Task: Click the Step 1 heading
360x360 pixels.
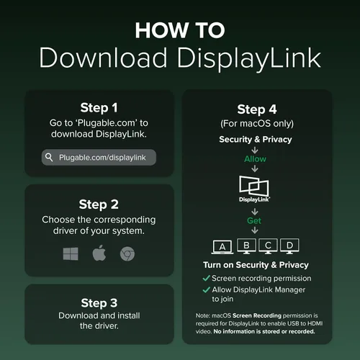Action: point(99,108)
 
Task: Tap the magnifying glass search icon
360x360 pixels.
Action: point(49,158)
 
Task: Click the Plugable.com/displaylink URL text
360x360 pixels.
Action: point(102,158)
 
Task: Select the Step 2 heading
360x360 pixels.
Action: point(99,204)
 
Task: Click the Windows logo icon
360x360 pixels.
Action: point(71,254)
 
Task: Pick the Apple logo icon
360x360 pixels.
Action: point(99,253)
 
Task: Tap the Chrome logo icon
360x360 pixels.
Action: point(127,254)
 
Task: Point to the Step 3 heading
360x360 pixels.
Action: point(99,303)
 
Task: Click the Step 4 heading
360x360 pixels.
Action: point(257,109)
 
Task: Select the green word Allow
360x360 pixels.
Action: point(255,159)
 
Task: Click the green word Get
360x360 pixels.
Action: point(254,220)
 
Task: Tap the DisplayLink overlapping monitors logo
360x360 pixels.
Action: point(254,189)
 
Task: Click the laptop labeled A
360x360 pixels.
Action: point(222,246)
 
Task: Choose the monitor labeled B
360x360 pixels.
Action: point(246,246)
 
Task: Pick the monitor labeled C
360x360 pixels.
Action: point(268,246)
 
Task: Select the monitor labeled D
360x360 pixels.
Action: point(289,246)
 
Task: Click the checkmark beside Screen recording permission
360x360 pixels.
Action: point(207,279)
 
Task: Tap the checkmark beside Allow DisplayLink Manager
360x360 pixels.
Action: point(207,290)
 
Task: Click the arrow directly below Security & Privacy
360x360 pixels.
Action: point(255,150)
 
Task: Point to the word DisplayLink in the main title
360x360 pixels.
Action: point(249,58)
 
